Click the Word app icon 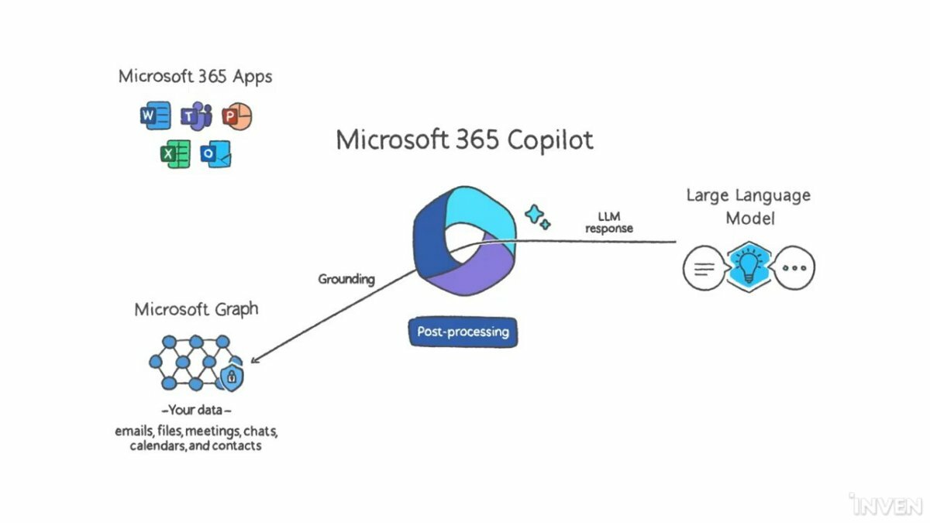155,115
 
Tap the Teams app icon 196,115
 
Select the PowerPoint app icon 236,115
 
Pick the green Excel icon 175,154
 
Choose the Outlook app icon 215,154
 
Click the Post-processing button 463,332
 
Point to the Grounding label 346,279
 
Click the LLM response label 609,222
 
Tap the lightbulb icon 749,267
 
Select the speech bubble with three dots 794,268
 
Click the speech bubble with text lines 704,268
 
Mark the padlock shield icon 232,377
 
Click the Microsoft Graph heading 196,310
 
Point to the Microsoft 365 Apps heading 195,77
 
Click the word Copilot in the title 550,140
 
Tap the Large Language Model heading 749,207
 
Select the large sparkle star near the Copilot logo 534,214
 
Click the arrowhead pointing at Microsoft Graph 254,360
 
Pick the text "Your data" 195,410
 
